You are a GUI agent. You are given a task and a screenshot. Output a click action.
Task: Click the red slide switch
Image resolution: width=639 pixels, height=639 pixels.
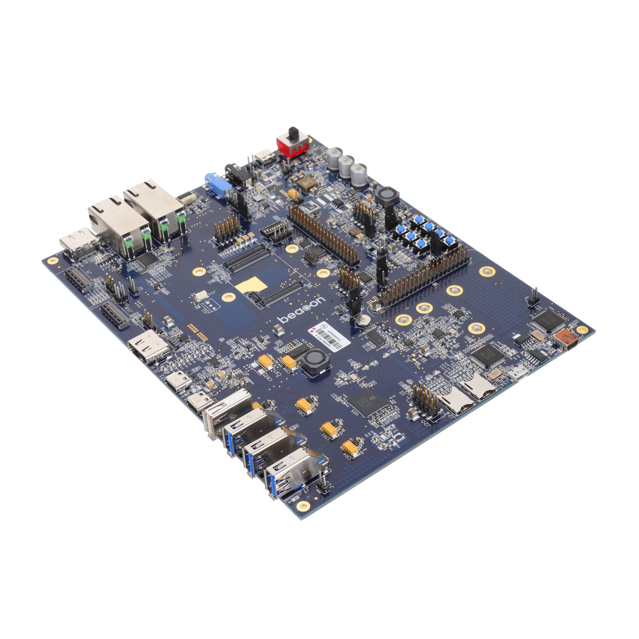tap(288, 144)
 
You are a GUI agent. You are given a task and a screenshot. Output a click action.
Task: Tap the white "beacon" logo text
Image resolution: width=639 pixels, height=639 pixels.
tap(301, 310)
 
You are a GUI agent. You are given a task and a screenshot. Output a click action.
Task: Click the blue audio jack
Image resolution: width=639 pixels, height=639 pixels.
tap(215, 183)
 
